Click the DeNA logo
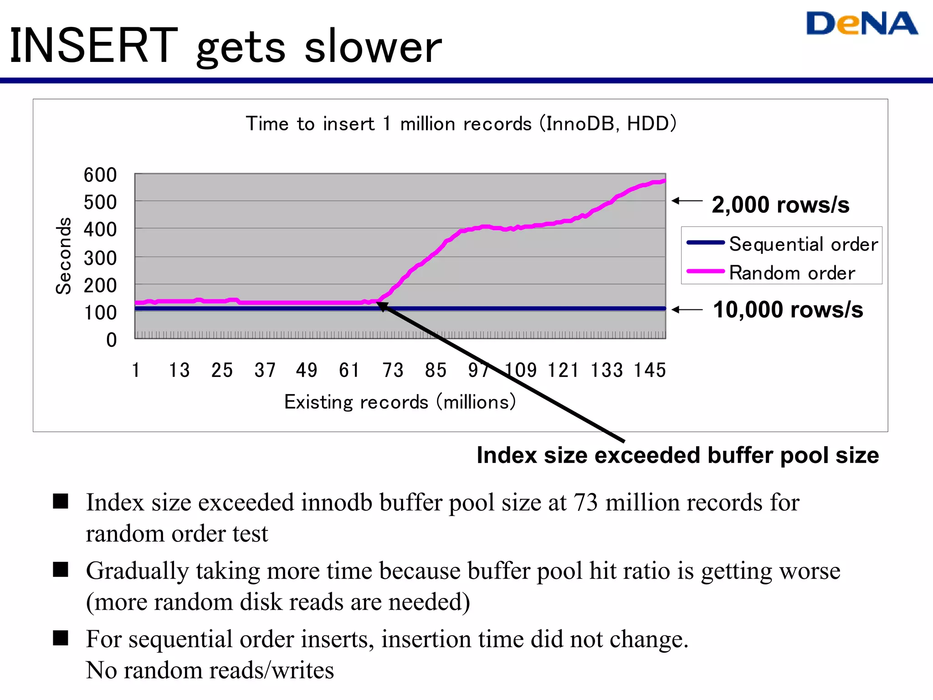pos(861,24)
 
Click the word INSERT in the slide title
pos(93,46)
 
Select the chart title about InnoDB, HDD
pos(461,124)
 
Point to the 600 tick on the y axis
pos(100,175)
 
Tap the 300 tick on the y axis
pos(100,258)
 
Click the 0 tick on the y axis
pos(112,340)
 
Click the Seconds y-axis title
pos(64,256)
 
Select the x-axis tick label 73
pos(393,370)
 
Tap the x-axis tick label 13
pos(179,370)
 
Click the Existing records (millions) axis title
pos(400,402)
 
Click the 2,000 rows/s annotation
pos(780,205)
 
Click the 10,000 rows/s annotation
pos(788,310)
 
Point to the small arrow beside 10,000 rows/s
pos(687,310)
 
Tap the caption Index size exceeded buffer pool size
pos(677,455)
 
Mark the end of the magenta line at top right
pos(664,181)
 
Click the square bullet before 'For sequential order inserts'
pos(61,638)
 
